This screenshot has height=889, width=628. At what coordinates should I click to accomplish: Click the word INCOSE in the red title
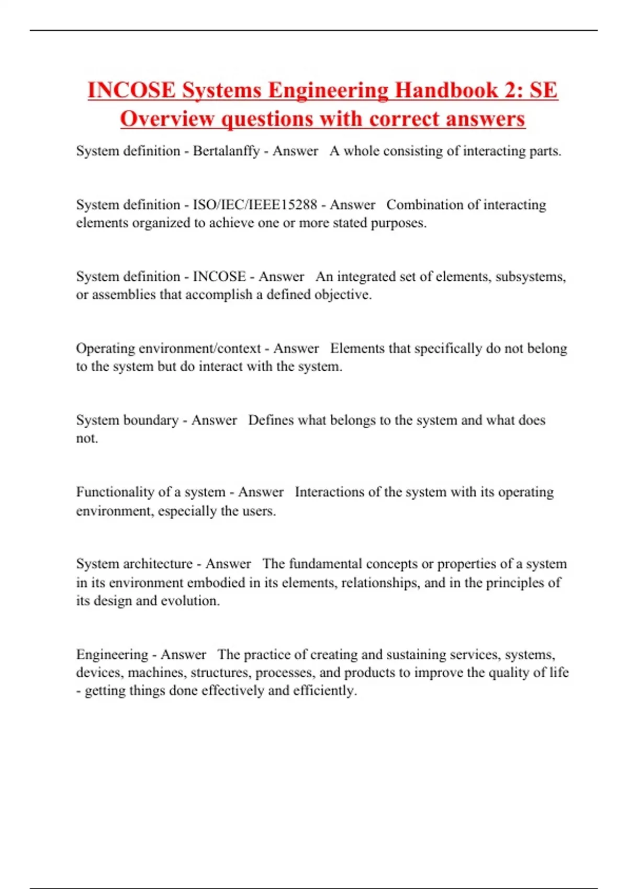point(131,90)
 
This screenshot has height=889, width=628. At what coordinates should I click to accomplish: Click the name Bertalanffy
point(226,151)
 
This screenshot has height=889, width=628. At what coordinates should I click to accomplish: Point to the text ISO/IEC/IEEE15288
point(255,204)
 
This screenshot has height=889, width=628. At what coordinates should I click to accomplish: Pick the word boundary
point(154,420)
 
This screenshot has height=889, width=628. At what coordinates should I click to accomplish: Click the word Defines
point(271,420)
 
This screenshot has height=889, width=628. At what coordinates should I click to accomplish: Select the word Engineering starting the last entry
point(111,655)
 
